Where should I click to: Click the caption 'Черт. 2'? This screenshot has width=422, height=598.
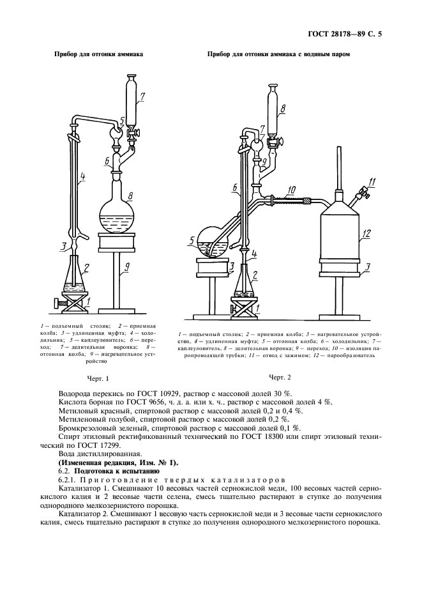pyautogui.click(x=280, y=378)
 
